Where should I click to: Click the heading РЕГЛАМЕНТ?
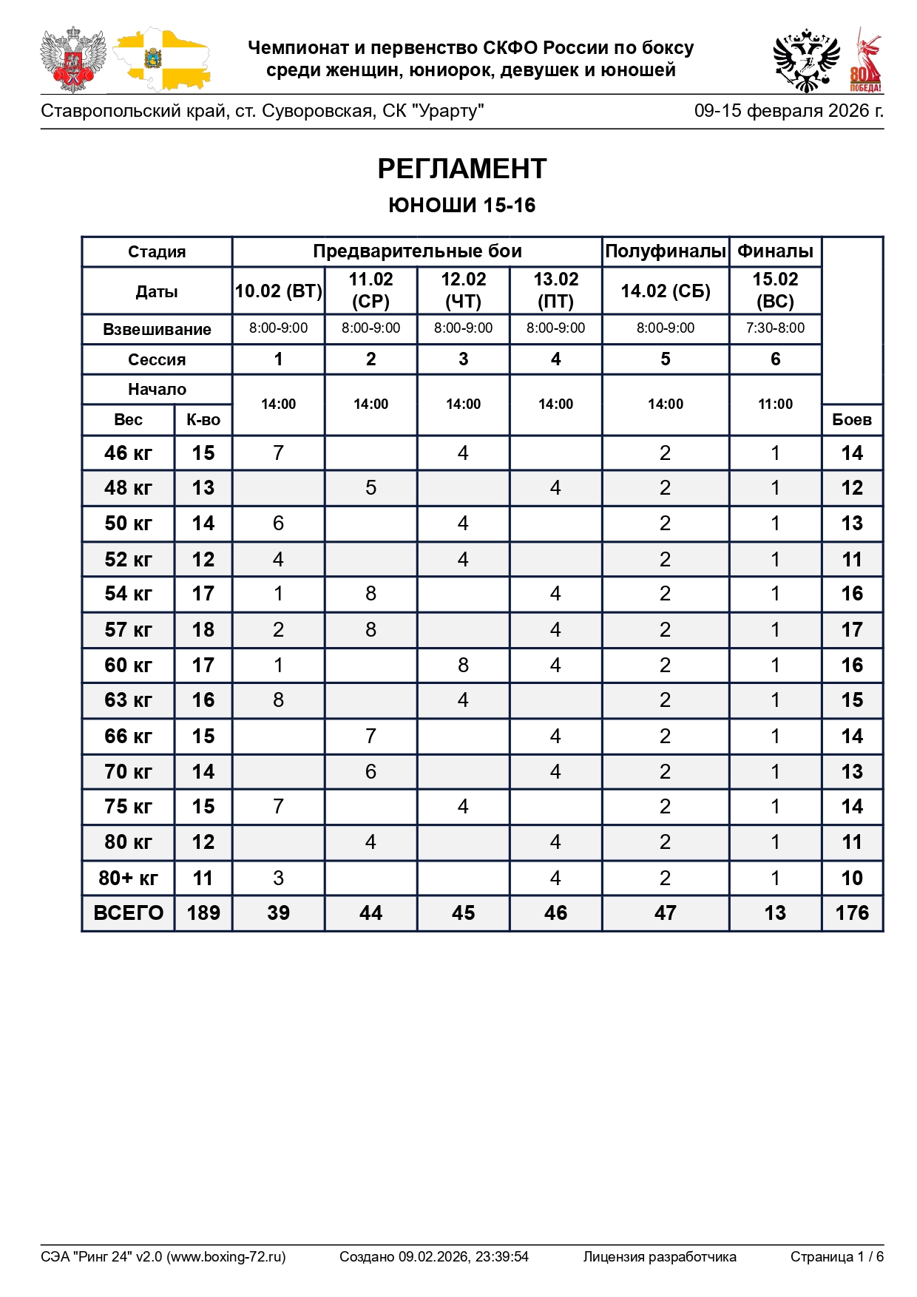coord(461,169)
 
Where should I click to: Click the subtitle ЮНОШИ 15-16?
coord(461,206)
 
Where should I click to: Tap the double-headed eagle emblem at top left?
coord(72,59)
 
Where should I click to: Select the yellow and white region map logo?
coord(161,61)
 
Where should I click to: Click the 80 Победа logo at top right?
coord(865,61)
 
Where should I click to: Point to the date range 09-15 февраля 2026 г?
coord(788,112)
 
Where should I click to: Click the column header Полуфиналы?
coord(665,251)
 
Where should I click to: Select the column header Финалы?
coord(775,251)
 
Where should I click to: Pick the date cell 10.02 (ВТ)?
coord(278,291)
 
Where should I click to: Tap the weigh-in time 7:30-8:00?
coord(775,328)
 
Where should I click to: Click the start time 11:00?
coord(775,404)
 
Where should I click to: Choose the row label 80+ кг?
coord(128,878)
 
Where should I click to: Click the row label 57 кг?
coord(128,630)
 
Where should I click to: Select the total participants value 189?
coord(203,913)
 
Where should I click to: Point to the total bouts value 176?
coord(852,913)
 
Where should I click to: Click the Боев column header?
coord(852,420)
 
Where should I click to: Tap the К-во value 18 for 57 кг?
coord(203,630)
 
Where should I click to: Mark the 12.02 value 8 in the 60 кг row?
coord(463,666)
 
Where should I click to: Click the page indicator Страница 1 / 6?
coord(836,1257)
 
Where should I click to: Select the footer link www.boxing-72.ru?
coord(226,1257)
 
